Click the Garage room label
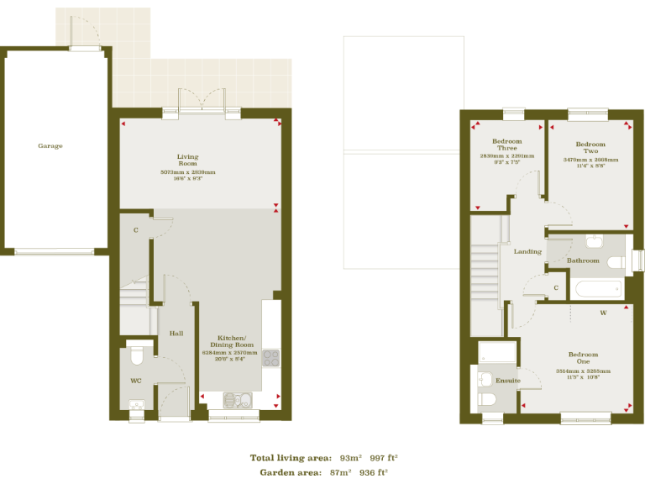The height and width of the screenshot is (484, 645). [x=50, y=145]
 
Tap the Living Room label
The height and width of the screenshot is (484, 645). [x=187, y=160]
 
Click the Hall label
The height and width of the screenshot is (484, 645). [x=176, y=334]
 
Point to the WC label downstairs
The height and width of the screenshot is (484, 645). [x=136, y=381]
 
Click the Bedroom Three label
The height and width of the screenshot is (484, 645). [x=506, y=145]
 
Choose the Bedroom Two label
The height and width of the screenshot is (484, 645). [x=590, y=148]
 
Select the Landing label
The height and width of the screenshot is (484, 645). [x=527, y=251]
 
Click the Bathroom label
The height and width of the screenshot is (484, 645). [x=583, y=260]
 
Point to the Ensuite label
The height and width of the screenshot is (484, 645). [x=507, y=381]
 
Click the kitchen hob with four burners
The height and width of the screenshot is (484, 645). [x=270, y=358]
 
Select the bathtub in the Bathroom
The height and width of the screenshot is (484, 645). [x=598, y=290]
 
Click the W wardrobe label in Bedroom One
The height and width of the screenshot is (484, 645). [x=602, y=313]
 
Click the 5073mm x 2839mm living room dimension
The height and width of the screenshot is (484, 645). [x=187, y=172]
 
